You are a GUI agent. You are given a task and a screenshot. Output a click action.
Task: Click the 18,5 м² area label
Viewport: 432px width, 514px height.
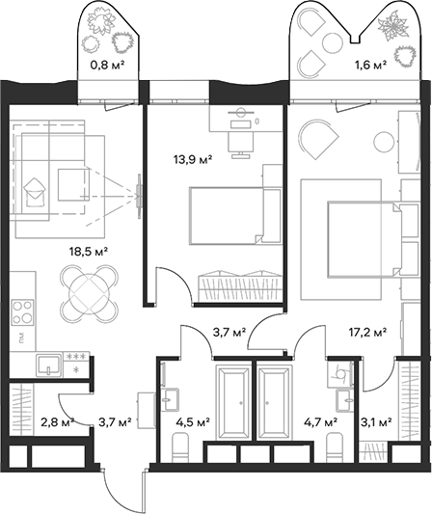(89, 252)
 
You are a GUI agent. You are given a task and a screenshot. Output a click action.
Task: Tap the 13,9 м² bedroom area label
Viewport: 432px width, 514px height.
(193, 160)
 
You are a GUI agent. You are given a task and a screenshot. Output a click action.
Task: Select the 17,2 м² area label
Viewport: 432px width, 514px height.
(367, 333)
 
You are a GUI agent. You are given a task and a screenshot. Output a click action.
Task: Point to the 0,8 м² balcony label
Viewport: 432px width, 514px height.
(107, 66)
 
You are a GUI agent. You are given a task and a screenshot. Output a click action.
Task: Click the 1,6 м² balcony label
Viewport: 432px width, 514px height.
(370, 66)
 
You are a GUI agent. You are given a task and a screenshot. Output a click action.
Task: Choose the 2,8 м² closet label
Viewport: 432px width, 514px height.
(58, 421)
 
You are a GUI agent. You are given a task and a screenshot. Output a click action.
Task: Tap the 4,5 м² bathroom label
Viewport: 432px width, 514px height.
(193, 422)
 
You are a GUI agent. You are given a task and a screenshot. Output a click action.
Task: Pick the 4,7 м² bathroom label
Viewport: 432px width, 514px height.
(321, 422)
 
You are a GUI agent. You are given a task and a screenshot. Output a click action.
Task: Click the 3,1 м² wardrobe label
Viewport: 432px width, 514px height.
(376, 422)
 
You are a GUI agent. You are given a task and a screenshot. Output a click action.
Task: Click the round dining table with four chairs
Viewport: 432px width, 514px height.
(89, 293)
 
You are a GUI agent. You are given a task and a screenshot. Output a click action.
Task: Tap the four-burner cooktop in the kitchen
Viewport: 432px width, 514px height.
(22, 312)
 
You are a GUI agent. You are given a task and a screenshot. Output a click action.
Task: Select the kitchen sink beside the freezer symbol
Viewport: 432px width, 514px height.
(49, 365)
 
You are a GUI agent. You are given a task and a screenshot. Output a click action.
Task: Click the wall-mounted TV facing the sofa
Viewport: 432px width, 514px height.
(139, 196)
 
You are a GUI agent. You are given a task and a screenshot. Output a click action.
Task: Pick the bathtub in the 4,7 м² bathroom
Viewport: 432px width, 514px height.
(275, 402)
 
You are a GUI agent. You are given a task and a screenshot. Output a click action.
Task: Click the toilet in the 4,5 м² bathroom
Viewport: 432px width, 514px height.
(180, 446)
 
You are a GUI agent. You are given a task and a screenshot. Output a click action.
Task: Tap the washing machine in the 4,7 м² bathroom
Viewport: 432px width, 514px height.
(340, 374)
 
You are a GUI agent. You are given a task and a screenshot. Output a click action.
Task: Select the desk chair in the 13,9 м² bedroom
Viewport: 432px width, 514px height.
(241, 145)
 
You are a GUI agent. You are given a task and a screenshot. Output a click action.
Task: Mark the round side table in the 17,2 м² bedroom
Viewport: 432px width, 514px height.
(383, 142)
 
